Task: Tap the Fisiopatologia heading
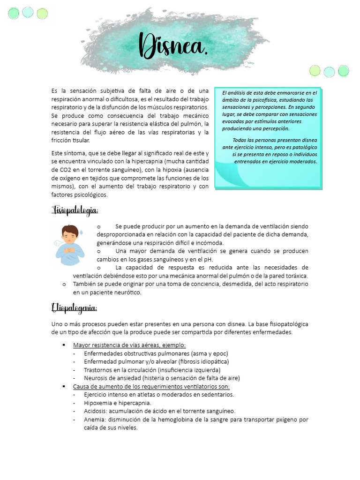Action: (x=75, y=210)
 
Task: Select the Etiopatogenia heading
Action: (x=74, y=308)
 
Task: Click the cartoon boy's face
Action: (x=70, y=236)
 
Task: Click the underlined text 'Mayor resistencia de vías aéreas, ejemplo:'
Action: (x=129, y=345)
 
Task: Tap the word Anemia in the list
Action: (x=94, y=420)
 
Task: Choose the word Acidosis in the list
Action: (x=95, y=411)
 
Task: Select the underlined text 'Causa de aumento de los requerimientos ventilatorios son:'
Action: (x=151, y=387)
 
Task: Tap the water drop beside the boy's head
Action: (x=81, y=232)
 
